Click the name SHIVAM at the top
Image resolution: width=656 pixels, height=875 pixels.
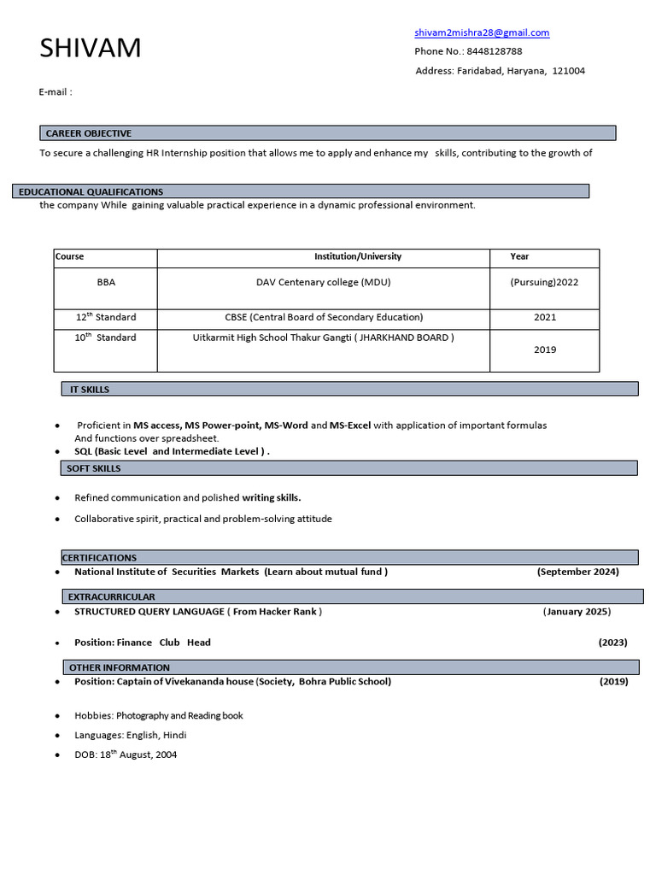pyautogui.click(x=91, y=49)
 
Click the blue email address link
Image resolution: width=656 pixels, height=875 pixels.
pyautogui.click(x=482, y=32)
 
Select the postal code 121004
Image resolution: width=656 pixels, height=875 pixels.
pyautogui.click(x=569, y=71)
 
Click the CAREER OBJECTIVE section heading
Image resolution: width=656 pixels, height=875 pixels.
pyautogui.click(x=89, y=133)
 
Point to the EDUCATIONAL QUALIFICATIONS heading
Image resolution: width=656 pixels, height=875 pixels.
pyautogui.click(x=91, y=191)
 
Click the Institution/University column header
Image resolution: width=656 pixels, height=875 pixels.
pyautogui.click(x=357, y=256)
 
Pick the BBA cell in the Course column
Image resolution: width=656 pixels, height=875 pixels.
pyautogui.click(x=106, y=282)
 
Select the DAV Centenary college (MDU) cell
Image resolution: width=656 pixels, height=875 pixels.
pyautogui.click(x=324, y=282)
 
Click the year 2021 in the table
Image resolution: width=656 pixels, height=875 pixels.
pyautogui.click(x=544, y=317)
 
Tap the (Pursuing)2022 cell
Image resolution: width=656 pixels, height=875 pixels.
pyautogui.click(x=544, y=282)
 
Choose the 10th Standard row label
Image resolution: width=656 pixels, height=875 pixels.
pyautogui.click(x=106, y=338)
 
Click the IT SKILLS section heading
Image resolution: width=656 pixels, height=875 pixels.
pyautogui.click(x=90, y=390)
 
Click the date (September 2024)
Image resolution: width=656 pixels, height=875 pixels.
pyautogui.click(x=577, y=572)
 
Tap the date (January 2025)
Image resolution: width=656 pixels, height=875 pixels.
pyautogui.click(x=577, y=611)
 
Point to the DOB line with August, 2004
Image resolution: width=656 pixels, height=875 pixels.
pyautogui.click(x=126, y=755)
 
